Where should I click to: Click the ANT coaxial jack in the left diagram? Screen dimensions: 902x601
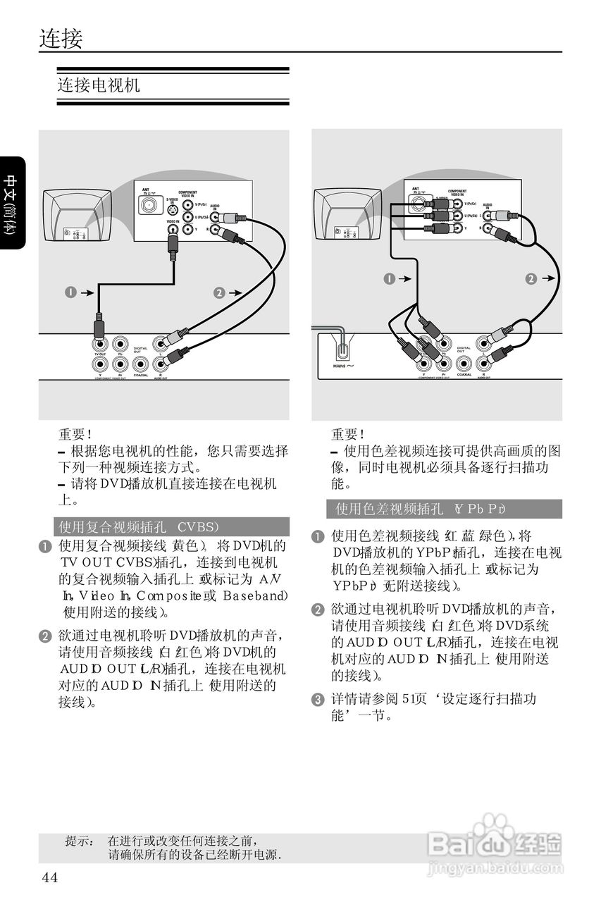pos(149,205)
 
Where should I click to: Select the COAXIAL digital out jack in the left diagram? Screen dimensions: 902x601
pos(141,364)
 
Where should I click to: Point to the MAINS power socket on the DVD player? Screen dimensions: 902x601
pos(340,350)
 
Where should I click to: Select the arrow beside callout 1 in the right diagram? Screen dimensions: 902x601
pos(404,279)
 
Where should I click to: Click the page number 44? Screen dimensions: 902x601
pos(50,877)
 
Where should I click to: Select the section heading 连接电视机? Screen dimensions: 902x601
pos(99,85)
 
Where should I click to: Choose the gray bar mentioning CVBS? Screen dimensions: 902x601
pos(171,527)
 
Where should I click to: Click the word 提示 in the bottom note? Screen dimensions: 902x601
pos(79,841)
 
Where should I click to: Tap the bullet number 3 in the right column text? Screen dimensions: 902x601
pos(318,700)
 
